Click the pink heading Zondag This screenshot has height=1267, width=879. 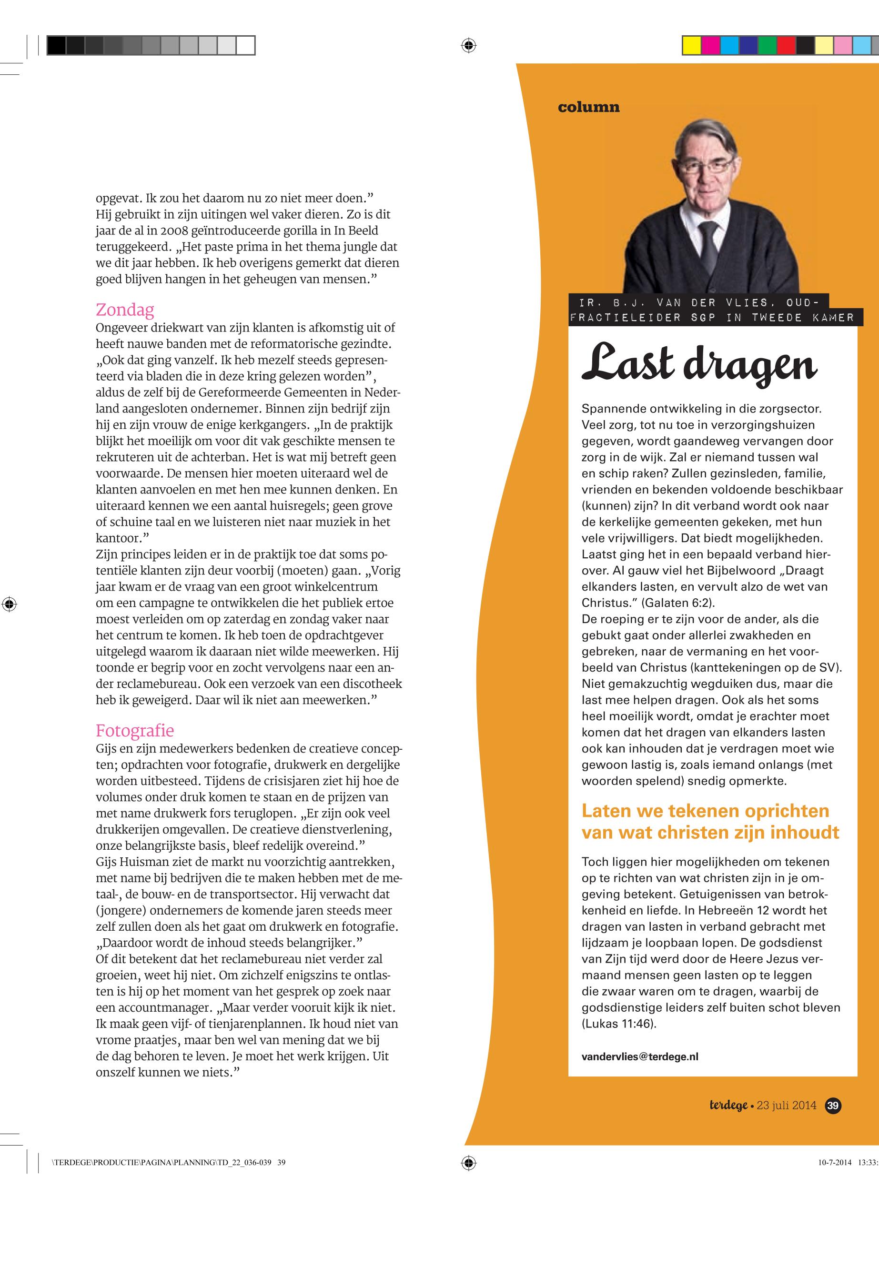coord(125,310)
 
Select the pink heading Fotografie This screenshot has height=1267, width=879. coord(135,730)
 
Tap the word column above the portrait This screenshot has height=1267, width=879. coord(588,107)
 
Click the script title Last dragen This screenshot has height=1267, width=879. coord(699,364)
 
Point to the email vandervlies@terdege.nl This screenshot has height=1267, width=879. coord(640,1056)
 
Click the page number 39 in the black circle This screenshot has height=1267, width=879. coord(833,1105)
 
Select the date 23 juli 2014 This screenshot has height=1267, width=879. coord(787,1105)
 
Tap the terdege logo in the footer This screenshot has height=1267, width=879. coord(728,1105)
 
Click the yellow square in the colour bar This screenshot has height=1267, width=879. coord(692,45)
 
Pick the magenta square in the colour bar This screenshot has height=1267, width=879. coord(710,45)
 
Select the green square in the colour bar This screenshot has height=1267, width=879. coord(767,45)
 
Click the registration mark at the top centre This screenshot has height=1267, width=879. coord(468,45)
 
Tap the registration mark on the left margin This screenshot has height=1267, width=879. coord(10,604)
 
